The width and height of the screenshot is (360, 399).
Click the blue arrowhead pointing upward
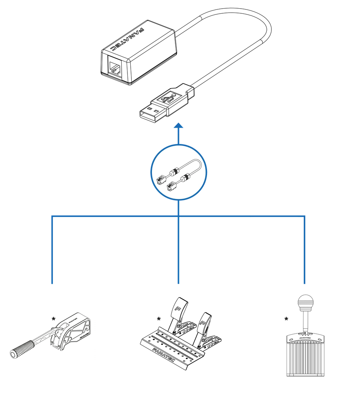[179, 126]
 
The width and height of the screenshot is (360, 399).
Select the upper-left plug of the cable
[162, 178]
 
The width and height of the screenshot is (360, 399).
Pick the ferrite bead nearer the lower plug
[185, 177]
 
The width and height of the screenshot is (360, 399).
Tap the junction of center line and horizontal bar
[179, 216]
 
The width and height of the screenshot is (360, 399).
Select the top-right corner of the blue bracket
[305, 216]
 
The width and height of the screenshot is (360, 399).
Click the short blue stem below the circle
[179, 207]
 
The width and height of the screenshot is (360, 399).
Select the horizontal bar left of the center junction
[115, 216]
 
